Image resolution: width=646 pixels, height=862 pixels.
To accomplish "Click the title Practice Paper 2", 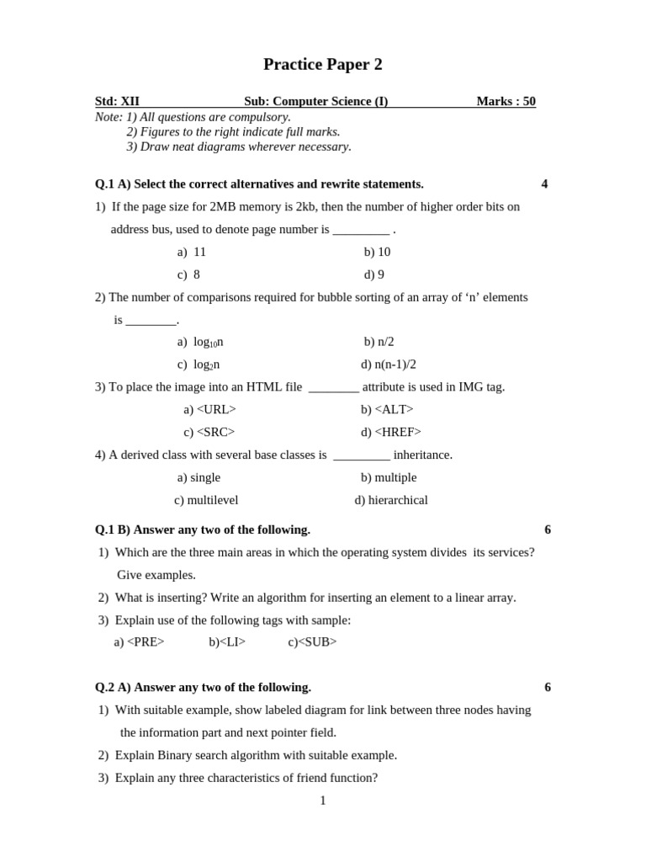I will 322,65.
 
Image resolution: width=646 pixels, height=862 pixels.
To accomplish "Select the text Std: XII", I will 117,102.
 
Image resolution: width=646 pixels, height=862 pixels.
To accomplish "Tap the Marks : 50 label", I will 506,102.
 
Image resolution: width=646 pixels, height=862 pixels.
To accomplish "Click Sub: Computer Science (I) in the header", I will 315,102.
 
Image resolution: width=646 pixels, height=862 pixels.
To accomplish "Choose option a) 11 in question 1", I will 192,252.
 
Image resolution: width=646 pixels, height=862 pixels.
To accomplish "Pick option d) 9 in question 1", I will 374,274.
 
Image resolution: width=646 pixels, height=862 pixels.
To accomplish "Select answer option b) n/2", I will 379,342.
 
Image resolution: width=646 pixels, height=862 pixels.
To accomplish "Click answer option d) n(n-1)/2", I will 389,364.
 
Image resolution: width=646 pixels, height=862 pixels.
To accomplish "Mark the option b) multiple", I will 389,477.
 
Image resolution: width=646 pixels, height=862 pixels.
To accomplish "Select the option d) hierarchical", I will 391,500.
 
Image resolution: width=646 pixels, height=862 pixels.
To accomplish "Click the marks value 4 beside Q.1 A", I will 544,184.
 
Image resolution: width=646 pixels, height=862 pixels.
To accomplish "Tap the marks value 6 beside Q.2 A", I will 548,687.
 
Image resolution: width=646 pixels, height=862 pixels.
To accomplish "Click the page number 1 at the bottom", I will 323,801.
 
